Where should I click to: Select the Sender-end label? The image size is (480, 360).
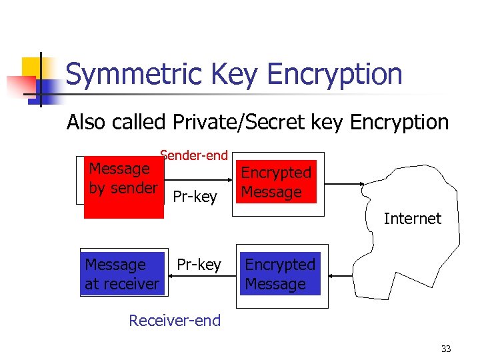[194, 155]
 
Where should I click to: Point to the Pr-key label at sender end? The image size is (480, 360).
[195, 196]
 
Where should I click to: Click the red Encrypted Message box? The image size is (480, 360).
[276, 182]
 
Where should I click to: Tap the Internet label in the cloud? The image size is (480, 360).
[412, 218]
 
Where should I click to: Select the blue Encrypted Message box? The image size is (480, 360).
[280, 274]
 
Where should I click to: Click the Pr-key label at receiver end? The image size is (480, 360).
[199, 265]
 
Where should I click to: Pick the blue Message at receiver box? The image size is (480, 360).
[122, 274]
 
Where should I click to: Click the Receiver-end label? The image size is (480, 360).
[175, 321]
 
